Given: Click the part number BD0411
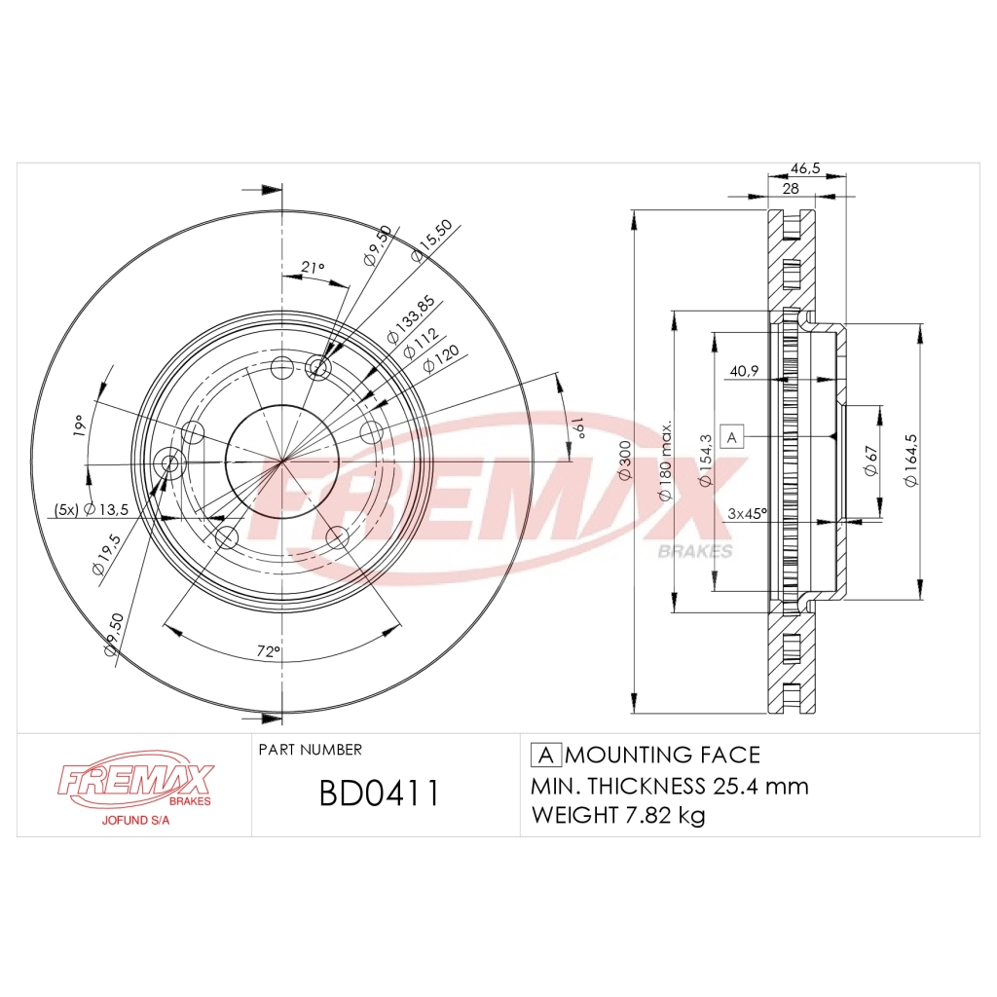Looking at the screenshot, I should pyautogui.click(x=380, y=794).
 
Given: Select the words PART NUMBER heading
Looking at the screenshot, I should pyautogui.click(x=311, y=750).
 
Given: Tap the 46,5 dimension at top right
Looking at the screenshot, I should pyautogui.click(x=805, y=168).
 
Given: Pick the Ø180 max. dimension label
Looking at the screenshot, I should pyautogui.click(x=667, y=462).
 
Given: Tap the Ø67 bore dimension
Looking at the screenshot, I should pyautogui.click(x=870, y=461).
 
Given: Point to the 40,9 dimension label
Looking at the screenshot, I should pyautogui.click(x=745, y=370).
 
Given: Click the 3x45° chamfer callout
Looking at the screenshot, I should pyautogui.click(x=748, y=513).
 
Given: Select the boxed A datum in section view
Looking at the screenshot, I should pyautogui.click(x=732, y=436).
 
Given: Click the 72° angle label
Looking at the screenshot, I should pyautogui.click(x=268, y=650).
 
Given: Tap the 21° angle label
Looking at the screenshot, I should pyautogui.click(x=312, y=267).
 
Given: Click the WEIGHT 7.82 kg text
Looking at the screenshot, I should pyautogui.click(x=617, y=815).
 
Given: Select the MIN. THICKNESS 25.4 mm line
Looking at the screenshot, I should pyautogui.click(x=669, y=786).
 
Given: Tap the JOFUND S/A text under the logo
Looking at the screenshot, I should pyautogui.click(x=137, y=820).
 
